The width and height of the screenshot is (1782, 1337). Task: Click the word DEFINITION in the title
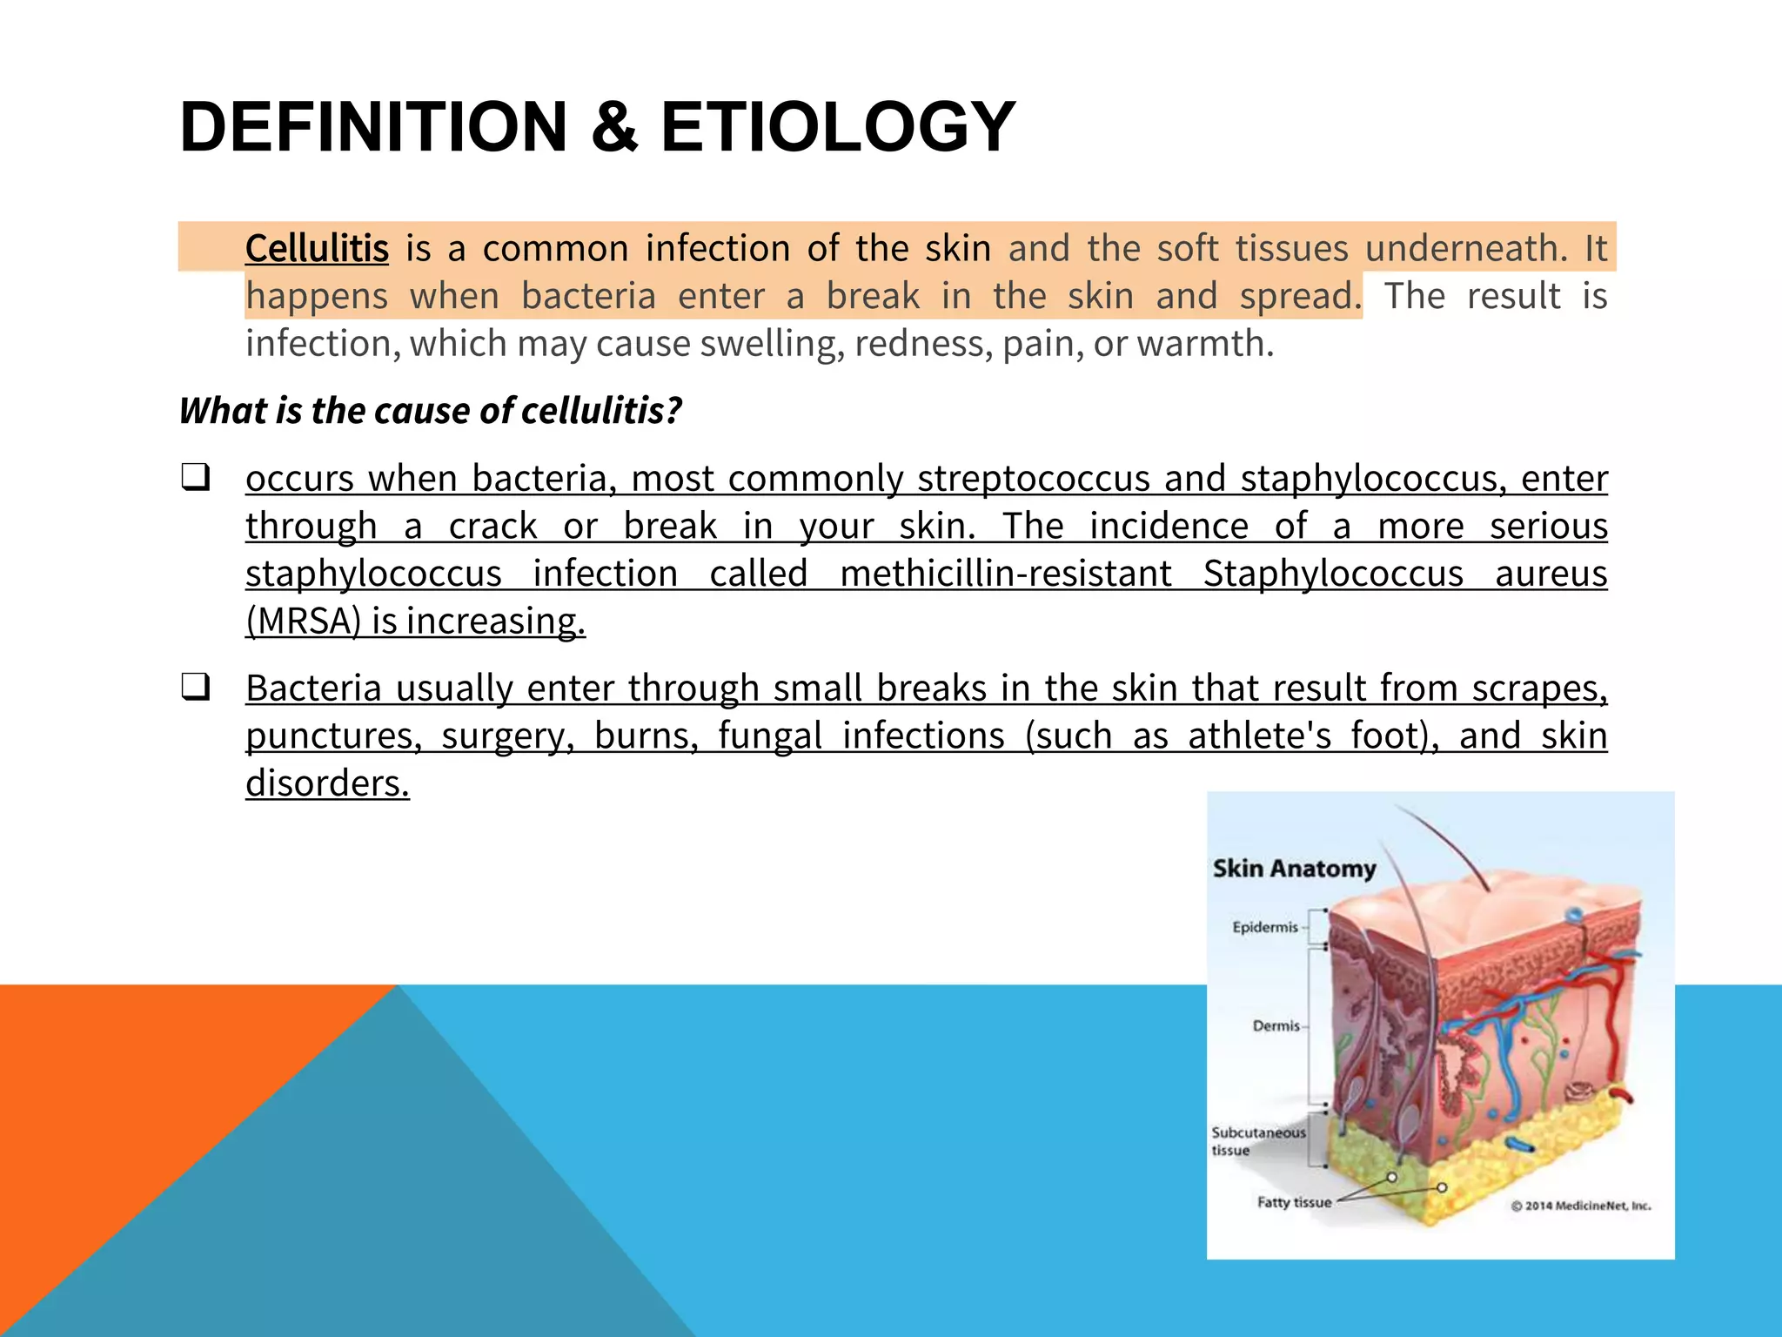(374, 128)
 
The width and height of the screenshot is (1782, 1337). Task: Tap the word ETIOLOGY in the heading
(837, 128)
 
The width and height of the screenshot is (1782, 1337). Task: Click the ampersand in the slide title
(614, 128)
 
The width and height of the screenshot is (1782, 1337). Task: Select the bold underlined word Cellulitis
(317, 249)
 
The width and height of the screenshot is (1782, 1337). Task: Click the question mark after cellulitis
(673, 410)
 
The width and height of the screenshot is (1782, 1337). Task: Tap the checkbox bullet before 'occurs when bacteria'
(195, 478)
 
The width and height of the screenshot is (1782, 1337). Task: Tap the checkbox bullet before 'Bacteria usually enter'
(195, 688)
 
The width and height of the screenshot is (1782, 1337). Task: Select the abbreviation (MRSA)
(303, 621)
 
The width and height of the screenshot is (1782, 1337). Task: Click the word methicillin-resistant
(1005, 574)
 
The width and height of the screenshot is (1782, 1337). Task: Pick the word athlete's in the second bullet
(1259, 736)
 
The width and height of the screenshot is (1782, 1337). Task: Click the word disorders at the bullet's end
(326, 783)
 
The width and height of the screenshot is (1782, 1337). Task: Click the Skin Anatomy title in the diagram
(1294, 869)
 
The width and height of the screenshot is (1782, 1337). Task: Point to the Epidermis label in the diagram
(1264, 927)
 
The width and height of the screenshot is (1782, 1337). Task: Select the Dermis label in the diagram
(1276, 1026)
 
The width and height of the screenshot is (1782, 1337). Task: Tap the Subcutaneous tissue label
(1257, 1141)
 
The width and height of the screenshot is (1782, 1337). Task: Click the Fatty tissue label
(1294, 1202)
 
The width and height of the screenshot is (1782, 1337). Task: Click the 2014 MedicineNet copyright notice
(1580, 1206)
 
